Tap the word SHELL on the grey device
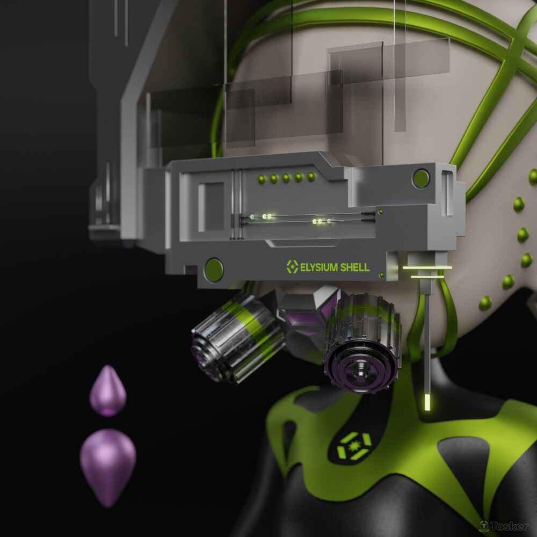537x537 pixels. point(353,267)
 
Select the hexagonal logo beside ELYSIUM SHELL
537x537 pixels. point(293,267)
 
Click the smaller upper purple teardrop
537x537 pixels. point(108,391)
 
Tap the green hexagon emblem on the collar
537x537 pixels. point(354,446)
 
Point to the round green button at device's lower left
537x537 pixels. point(214,270)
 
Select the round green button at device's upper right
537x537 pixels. point(421,178)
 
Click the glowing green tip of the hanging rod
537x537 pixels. point(427,402)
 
